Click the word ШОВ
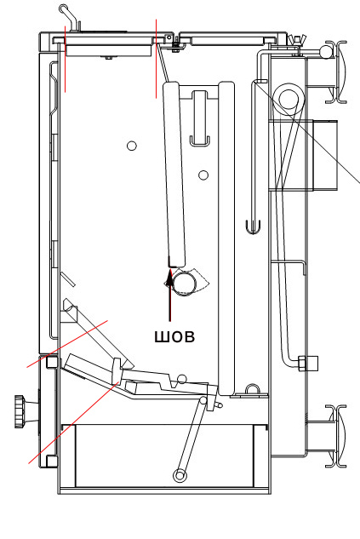[x=174, y=336]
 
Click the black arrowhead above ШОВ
[x=169, y=278]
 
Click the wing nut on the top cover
[x=294, y=40]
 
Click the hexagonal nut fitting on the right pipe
[x=308, y=363]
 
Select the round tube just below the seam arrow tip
[x=185, y=284]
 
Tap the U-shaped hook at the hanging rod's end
[x=253, y=227]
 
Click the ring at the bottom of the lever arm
[x=180, y=476]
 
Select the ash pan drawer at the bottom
[x=164, y=456]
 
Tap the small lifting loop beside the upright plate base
[x=253, y=390]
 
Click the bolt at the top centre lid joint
[x=175, y=43]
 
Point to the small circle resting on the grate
[x=181, y=379]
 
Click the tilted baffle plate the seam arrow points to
[x=174, y=175]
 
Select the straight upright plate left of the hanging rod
[x=226, y=238]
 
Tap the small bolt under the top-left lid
[x=109, y=58]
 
